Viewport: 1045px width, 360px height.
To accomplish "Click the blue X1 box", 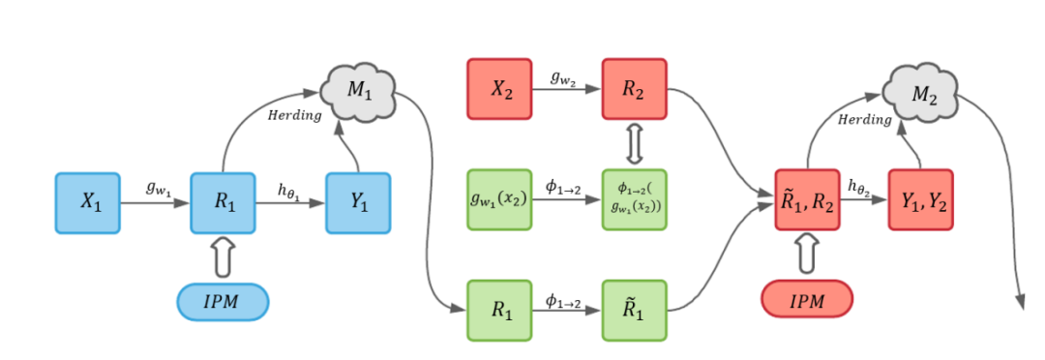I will pyautogui.click(x=88, y=204).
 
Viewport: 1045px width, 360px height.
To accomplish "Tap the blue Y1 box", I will pyautogui.click(x=357, y=204).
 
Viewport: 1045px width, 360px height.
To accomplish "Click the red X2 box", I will pyautogui.click(x=499, y=89).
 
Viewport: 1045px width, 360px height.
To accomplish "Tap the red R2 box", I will pyautogui.click(x=634, y=89).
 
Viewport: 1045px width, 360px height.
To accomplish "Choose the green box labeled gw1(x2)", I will pyautogui.click(x=499, y=199).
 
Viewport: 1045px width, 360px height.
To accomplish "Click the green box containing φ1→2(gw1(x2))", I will pyautogui.click(x=634, y=199).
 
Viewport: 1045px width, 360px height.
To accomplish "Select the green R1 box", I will pyautogui.click(x=499, y=311).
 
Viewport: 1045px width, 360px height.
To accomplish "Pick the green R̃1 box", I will pyautogui.click(x=634, y=311).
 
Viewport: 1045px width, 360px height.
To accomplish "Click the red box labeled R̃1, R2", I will pyautogui.click(x=808, y=201).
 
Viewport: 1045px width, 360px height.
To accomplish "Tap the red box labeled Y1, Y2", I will pyautogui.click(x=920, y=201).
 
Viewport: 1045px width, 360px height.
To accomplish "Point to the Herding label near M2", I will pyautogui.click(x=864, y=121).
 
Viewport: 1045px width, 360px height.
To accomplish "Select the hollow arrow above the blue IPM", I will pyautogui.click(x=223, y=257).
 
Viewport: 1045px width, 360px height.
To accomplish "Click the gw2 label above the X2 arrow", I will pyautogui.click(x=566, y=78).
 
